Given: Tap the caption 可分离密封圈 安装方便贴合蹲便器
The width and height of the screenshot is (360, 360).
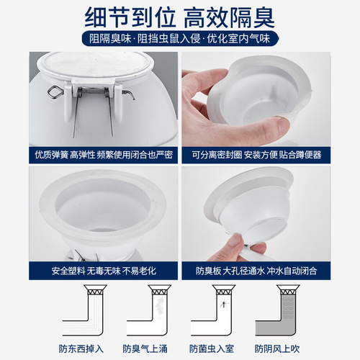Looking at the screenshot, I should (x=266, y=155).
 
